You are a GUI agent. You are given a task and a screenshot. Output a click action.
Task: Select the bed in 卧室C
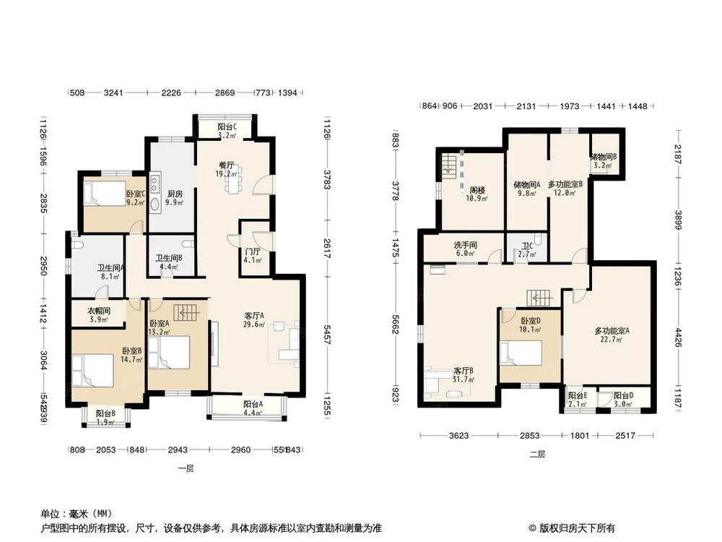[x=101, y=194]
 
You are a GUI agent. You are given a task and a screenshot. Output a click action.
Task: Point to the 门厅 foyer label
[x=253, y=252]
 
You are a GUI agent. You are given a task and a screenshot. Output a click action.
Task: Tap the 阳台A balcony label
[x=252, y=405]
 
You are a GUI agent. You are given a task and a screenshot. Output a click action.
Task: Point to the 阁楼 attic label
[x=477, y=190]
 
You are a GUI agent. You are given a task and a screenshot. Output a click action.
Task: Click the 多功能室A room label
[x=612, y=331]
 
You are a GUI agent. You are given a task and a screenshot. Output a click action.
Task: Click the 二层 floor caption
[x=537, y=454]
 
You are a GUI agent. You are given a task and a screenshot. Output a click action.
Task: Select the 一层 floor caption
[x=186, y=468]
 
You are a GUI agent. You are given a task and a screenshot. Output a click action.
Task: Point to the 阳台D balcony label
[x=623, y=395]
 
